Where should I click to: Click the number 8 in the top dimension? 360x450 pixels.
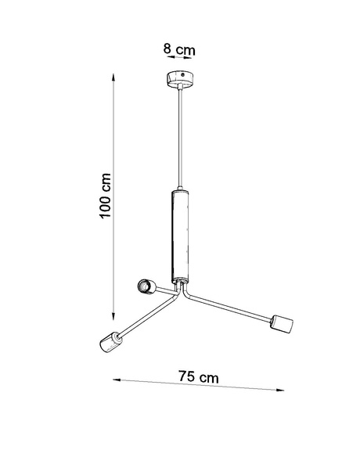pyautogui.click(x=167, y=49)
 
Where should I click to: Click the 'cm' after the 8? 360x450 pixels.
pyautogui.click(x=184, y=49)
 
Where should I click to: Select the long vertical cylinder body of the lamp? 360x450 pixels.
pyautogui.click(x=179, y=235)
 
